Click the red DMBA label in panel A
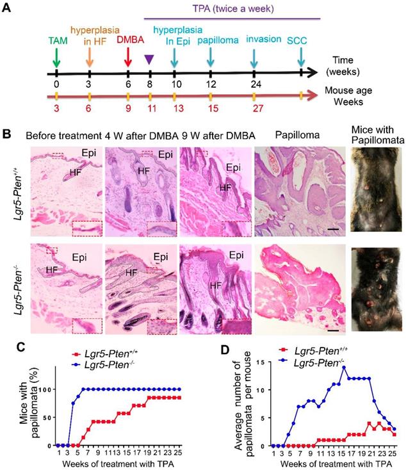pos(127,38)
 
